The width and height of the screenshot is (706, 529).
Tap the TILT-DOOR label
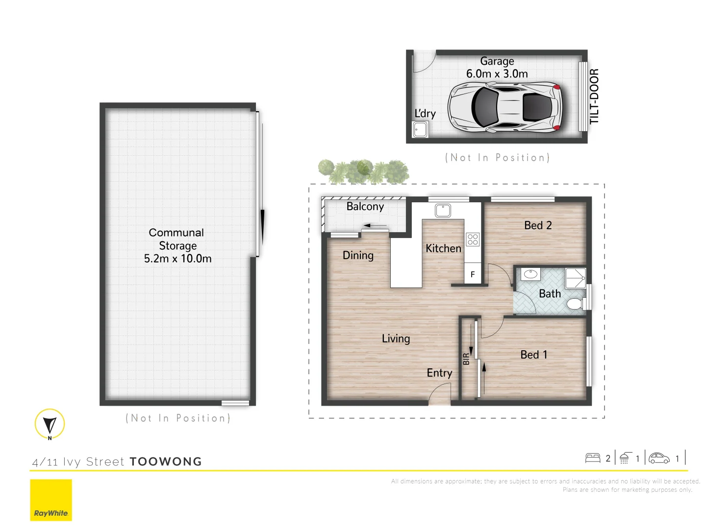coord(594,96)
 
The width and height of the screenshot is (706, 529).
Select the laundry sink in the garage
coord(420,130)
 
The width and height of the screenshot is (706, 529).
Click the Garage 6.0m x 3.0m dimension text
coord(497,74)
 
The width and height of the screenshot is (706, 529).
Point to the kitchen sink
coord(443,211)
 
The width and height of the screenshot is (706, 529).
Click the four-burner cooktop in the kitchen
coord(473,239)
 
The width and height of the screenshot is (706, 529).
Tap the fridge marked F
coord(473,274)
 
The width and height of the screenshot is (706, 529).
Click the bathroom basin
coord(530,274)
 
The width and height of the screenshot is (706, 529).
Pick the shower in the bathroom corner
coord(576,278)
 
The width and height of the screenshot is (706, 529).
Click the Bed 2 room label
coord(538,225)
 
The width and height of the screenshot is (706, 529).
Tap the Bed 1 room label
coord(533,355)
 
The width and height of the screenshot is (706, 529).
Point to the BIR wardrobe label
coord(466,359)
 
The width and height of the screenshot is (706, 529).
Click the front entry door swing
coord(439,394)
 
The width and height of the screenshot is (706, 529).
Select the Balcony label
coord(365,207)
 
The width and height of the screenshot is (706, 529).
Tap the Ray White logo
coord(51,500)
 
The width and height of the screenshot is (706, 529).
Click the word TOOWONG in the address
coord(166,462)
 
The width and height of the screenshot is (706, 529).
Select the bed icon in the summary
coord(593,458)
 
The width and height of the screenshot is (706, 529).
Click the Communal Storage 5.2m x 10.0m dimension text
coord(177,259)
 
